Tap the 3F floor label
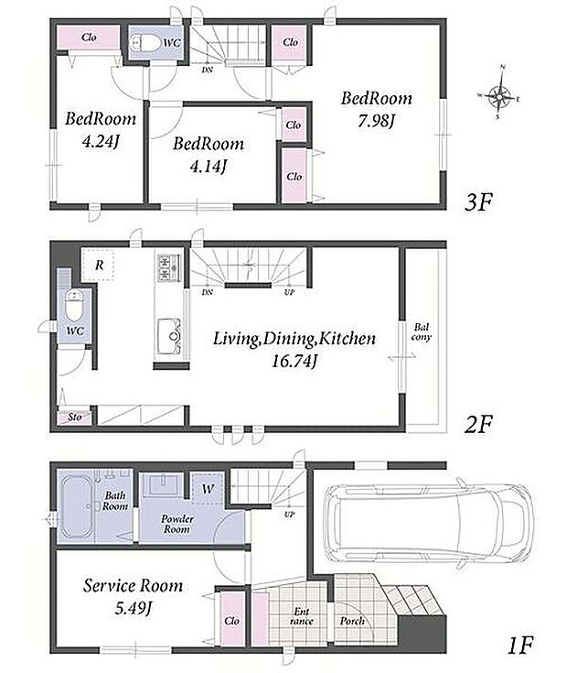pyautogui.click(x=478, y=202)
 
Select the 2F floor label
pyautogui.click(x=478, y=425)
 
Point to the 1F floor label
pyautogui.click(x=519, y=646)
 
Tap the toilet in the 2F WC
pyautogui.click(x=74, y=306)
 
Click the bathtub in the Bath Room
pyautogui.click(x=78, y=506)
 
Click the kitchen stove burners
pyautogui.click(x=169, y=267)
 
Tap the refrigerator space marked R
pyautogui.click(x=98, y=265)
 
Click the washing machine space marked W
pyautogui.click(x=208, y=488)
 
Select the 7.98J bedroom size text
pyautogui.click(x=376, y=122)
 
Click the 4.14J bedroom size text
pyautogui.click(x=208, y=166)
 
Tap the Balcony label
pyautogui.click(x=422, y=332)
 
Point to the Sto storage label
pyautogui.click(x=75, y=417)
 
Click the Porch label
pyautogui.click(x=352, y=621)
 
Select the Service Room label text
pyautogui.click(x=133, y=585)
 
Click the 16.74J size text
pyautogui.click(x=294, y=362)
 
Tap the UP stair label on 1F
pyautogui.click(x=289, y=514)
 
